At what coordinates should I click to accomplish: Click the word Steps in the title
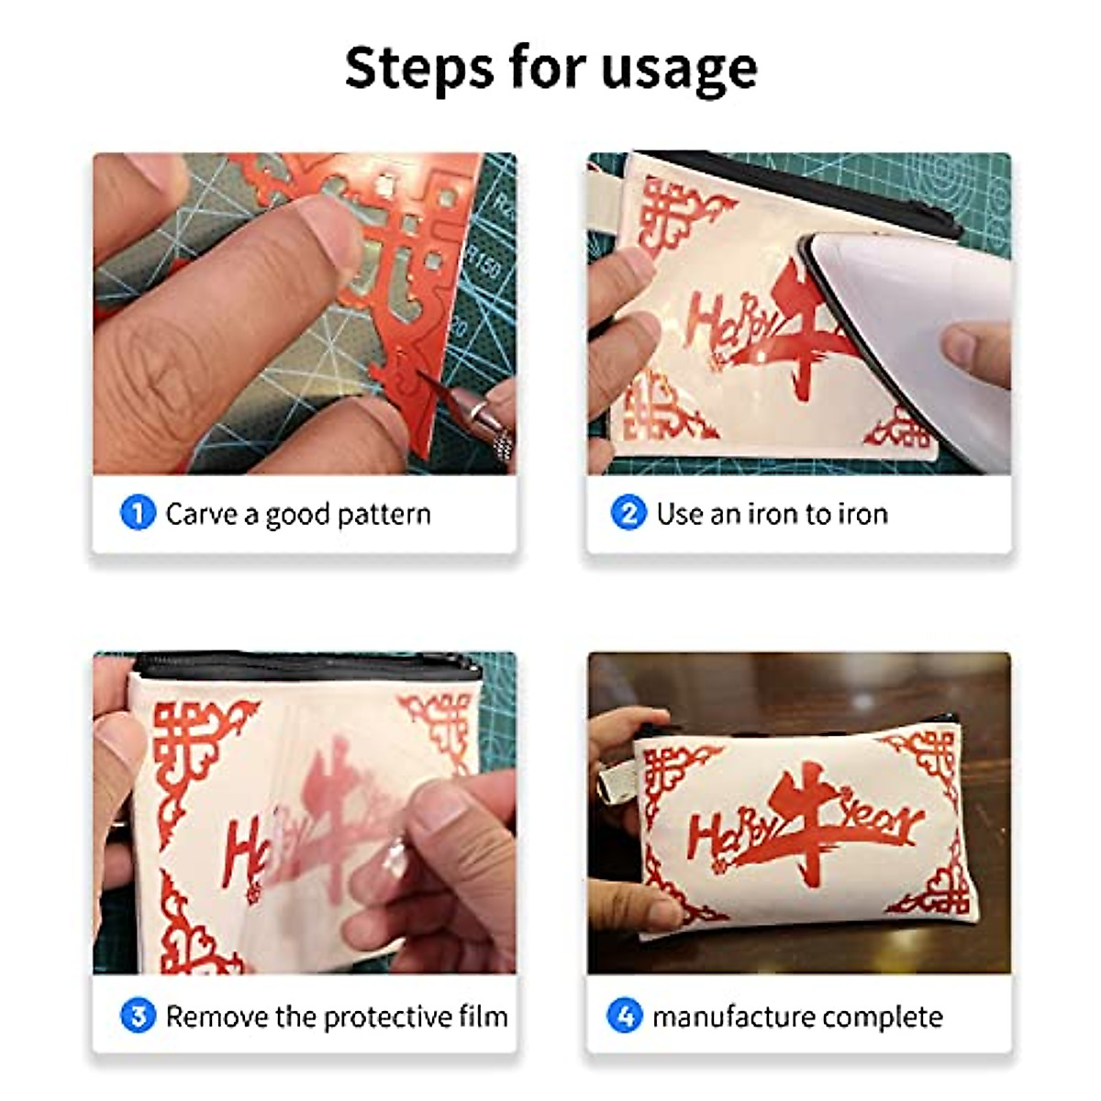419,68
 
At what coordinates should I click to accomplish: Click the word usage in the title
679,68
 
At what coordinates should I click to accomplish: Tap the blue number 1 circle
138,512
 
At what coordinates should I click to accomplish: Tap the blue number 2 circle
628,512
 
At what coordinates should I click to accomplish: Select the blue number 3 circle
138,1016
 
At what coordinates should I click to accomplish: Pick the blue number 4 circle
625,1016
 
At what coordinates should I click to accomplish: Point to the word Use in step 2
680,513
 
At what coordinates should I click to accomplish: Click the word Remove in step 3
217,1017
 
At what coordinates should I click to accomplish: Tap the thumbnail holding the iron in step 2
959,347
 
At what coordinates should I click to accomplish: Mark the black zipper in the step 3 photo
303,664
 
